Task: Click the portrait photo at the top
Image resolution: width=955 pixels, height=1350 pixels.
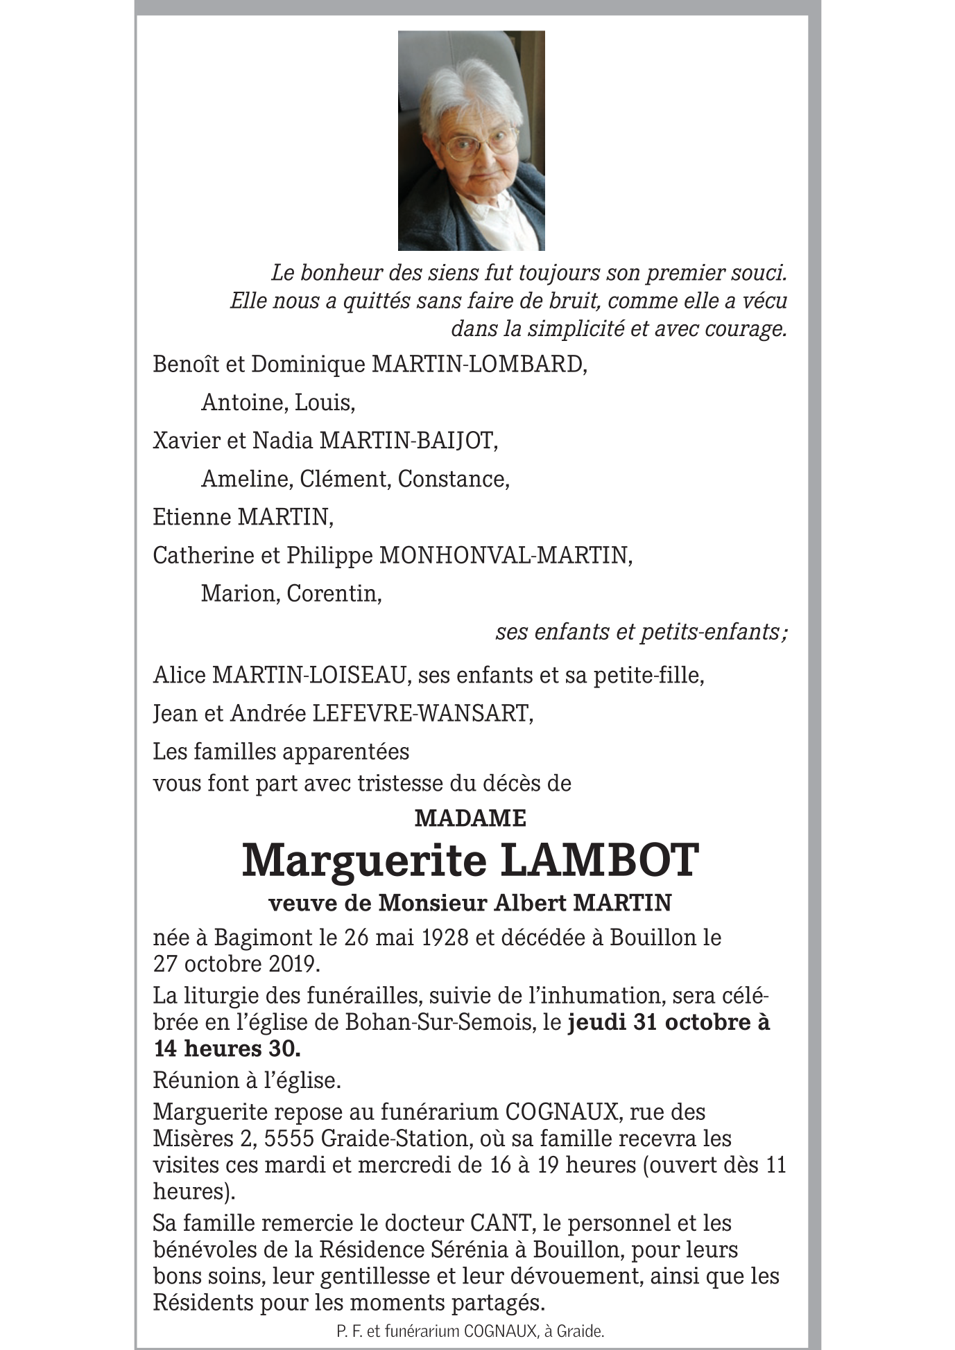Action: (x=471, y=141)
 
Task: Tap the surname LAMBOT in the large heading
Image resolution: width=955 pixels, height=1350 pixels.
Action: (x=599, y=861)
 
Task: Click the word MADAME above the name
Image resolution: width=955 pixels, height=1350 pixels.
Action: (x=470, y=818)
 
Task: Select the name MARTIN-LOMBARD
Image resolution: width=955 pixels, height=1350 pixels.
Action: (x=479, y=365)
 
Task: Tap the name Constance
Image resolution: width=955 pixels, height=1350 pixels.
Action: (x=454, y=480)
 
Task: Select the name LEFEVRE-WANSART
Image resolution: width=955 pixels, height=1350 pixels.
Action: (x=423, y=714)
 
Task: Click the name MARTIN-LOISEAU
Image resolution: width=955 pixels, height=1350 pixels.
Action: (x=309, y=676)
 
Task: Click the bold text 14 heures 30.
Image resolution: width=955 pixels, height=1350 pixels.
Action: (x=227, y=1049)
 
